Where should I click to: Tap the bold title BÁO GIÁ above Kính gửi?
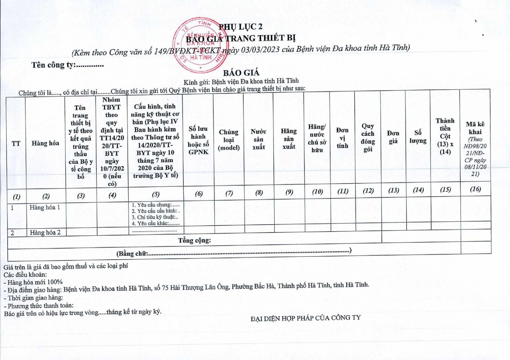241,73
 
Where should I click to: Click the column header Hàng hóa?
45,143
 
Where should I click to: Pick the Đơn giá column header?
393,137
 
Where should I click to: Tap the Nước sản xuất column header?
259,139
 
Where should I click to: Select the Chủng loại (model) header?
229,140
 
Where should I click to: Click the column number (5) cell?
156,194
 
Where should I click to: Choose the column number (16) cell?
475,189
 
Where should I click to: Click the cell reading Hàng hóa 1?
45,207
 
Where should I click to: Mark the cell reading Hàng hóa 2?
45,233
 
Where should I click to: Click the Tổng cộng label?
194,240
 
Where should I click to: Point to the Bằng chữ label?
132,254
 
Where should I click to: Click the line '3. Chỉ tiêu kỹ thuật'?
155,217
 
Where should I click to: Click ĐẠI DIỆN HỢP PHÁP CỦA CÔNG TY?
305,318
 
